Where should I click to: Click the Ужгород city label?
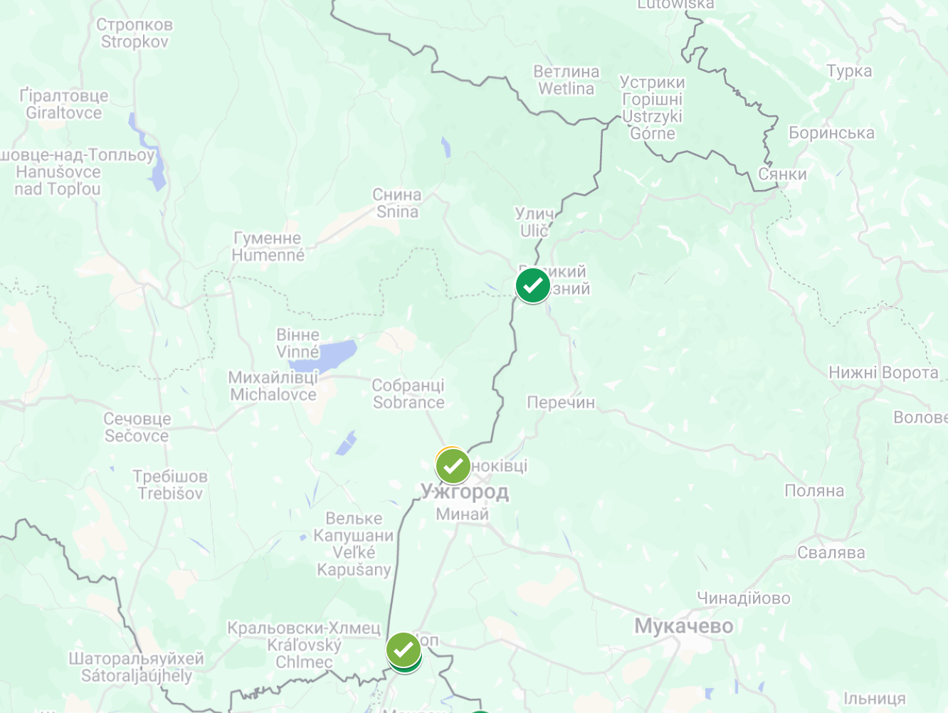465,492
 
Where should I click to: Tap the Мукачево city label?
683,626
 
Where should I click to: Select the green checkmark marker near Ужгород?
453,466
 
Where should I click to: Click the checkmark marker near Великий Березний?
533,285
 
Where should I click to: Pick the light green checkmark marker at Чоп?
403,649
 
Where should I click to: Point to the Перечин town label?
561,403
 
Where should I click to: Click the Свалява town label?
831,553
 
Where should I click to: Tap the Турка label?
849,71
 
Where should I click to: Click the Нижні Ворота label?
883,373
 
